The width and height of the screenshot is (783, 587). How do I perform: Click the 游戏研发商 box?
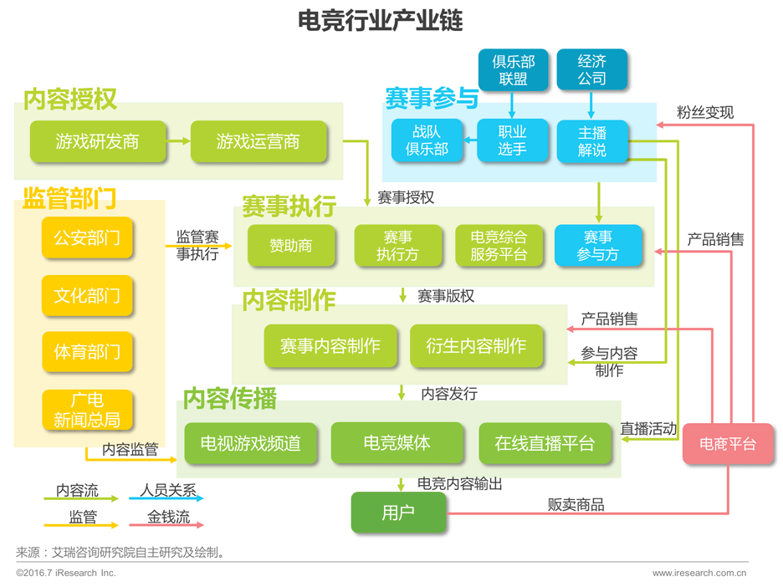point(97,141)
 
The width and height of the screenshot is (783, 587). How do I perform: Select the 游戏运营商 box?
point(258,141)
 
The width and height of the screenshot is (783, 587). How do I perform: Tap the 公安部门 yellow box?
point(87,238)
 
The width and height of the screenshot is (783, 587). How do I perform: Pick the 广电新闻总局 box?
point(87,411)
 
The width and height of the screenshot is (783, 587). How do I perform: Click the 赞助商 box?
point(290,246)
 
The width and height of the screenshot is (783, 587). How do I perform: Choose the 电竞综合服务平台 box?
point(499,246)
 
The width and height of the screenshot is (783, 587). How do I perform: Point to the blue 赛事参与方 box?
point(598,246)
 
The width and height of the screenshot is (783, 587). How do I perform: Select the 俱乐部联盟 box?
point(513,69)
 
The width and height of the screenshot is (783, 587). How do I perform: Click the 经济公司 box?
point(591,69)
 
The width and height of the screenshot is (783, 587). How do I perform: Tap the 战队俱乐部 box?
point(427,140)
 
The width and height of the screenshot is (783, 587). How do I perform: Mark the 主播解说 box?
point(591,140)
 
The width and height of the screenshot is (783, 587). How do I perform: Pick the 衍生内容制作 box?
point(476,346)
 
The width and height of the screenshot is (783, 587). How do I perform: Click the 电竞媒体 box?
point(397,443)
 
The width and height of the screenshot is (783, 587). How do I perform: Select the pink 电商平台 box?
point(728,444)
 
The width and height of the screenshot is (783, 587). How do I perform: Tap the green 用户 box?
point(398,513)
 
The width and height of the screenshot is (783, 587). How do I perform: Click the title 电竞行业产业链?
point(381,20)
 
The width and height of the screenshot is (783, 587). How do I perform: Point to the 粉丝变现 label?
point(705,112)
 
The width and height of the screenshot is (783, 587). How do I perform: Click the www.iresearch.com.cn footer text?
point(699,573)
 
